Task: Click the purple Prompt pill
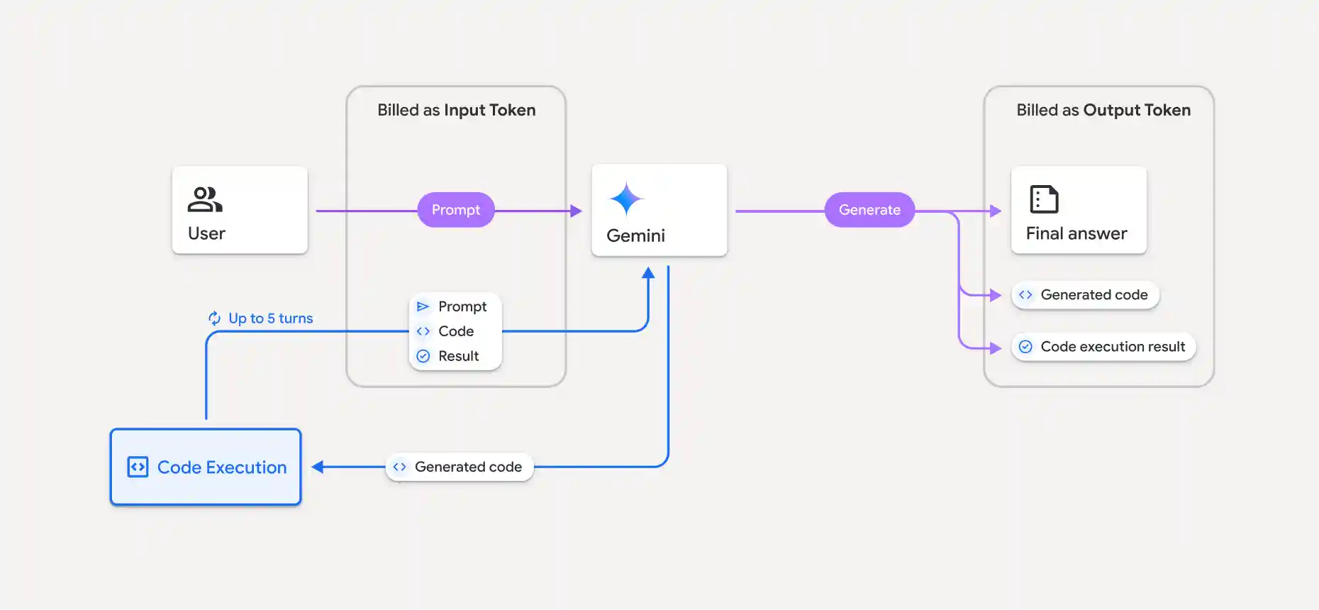pyautogui.click(x=455, y=210)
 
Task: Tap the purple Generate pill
pyautogui.click(x=869, y=210)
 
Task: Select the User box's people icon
pyautogui.click(x=204, y=199)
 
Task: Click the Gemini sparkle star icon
pyautogui.click(x=626, y=199)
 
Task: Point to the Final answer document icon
pyautogui.click(x=1044, y=199)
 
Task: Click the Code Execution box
pyautogui.click(x=206, y=467)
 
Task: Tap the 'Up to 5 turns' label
pyautogui.click(x=270, y=318)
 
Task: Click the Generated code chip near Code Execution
pyautogui.click(x=460, y=467)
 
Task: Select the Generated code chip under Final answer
pyautogui.click(x=1085, y=294)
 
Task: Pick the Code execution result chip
pyautogui.click(x=1103, y=347)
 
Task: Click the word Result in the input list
pyautogui.click(x=458, y=356)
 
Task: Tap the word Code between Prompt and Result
pyautogui.click(x=455, y=331)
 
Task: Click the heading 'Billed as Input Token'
pyautogui.click(x=456, y=110)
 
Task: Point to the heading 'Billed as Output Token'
pyautogui.click(x=1103, y=110)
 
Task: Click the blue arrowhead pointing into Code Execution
pyautogui.click(x=318, y=467)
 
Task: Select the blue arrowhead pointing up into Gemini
pyautogui.click(x=648, y=273)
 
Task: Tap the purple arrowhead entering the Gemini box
pyautogui.click(x=576, y=211)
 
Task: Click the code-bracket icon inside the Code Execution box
pyautogui.click(x=138, y=467)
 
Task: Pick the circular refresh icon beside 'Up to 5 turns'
pyautogui.click(x=214, y=318)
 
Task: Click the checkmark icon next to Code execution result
pyautogui.click(x=1025, y=347)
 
